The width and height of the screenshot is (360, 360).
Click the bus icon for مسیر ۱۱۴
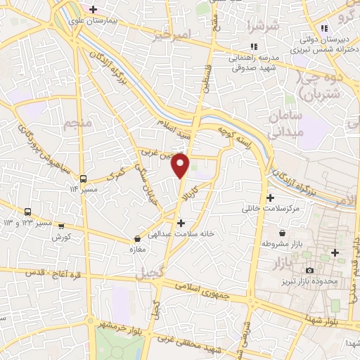tap(84, 179)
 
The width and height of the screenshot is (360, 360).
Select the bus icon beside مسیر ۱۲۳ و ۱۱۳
tap(28, 212)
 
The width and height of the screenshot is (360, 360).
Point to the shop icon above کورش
tap(61, 226)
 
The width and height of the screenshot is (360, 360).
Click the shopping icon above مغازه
tap(137, 239)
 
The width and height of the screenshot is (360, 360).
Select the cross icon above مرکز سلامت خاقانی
tap(271, 198)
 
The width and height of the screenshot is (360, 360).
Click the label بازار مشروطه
tap(281, 243)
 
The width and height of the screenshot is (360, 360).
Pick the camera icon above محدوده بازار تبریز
tap(309, 271)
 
